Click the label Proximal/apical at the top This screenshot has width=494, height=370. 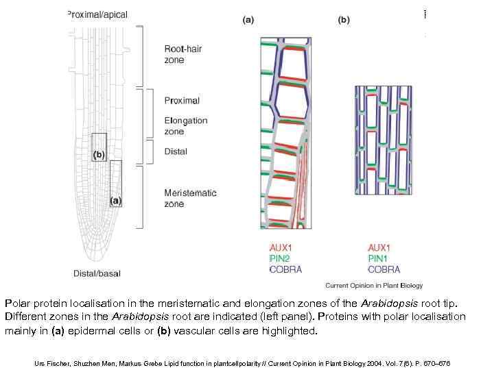tap(97, 14)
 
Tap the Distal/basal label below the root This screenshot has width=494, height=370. tap(97, 273)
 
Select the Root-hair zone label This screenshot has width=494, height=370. tap(184, 54)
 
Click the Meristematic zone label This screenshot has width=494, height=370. tap(190, 198)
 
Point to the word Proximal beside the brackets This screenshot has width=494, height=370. tap(182, 101)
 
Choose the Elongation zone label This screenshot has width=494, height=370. tap(186, 126)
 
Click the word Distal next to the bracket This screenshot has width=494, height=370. tap(176, 151)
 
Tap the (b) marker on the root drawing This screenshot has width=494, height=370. tap(99, 155)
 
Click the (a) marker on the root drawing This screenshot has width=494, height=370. tap(116, 200)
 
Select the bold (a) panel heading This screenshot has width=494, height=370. tap(248, 20)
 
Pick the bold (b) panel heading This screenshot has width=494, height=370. tap(344, 20)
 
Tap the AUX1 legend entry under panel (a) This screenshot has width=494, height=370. tap(282, 247)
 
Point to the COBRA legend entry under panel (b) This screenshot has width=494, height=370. tap(384, 269)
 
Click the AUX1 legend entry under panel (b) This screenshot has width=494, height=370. tap(379, 247)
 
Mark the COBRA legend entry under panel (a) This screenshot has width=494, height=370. tap(286, 269)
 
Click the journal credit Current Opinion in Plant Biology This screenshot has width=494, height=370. tap(374, 285)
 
